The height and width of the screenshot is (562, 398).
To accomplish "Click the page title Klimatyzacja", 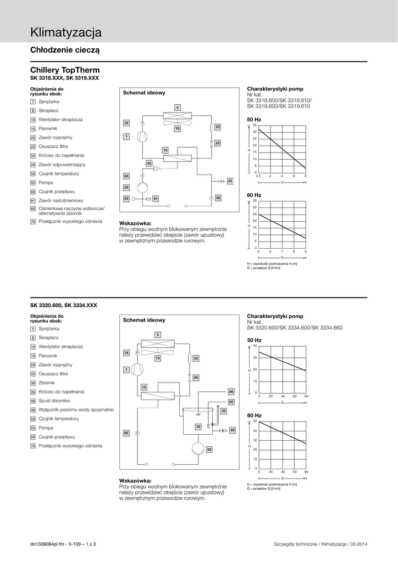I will (66, 33).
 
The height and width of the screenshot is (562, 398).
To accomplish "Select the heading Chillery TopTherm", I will (65, 70).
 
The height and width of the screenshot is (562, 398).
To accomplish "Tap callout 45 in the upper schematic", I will (149, 164).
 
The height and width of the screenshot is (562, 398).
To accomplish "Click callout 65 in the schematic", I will (126, 198).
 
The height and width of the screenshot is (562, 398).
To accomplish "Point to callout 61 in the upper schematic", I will (156, 198).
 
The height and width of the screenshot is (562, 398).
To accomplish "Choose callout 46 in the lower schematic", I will (231, 391).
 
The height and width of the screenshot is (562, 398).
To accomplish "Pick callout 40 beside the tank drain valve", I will (232, 430).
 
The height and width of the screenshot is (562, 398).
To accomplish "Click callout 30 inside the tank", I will (198, 426).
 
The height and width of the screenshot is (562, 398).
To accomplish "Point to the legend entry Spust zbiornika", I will (54, 401).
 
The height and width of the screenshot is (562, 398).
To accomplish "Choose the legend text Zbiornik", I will (48, 383).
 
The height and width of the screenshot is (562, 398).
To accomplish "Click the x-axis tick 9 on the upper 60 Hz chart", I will (305, 251).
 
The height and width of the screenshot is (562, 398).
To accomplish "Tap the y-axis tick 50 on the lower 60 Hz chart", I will (255, 421).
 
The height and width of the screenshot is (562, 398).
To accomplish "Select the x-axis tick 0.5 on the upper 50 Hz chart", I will (258, 176).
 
